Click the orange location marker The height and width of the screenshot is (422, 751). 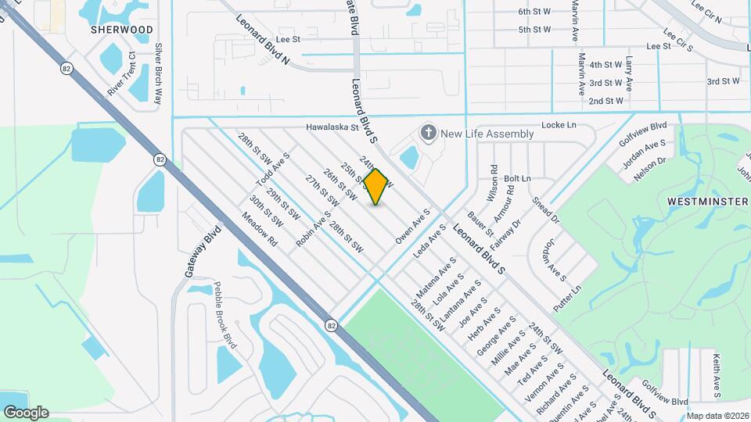point(376,187)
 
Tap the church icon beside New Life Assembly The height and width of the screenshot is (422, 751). point(428,133)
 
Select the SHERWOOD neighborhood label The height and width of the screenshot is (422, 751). point(121,30)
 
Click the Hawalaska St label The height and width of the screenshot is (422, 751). point(331,127)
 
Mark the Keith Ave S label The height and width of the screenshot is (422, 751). point(715,375)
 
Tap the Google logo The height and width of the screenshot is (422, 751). point(26,412)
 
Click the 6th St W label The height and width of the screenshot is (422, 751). point(534,12)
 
